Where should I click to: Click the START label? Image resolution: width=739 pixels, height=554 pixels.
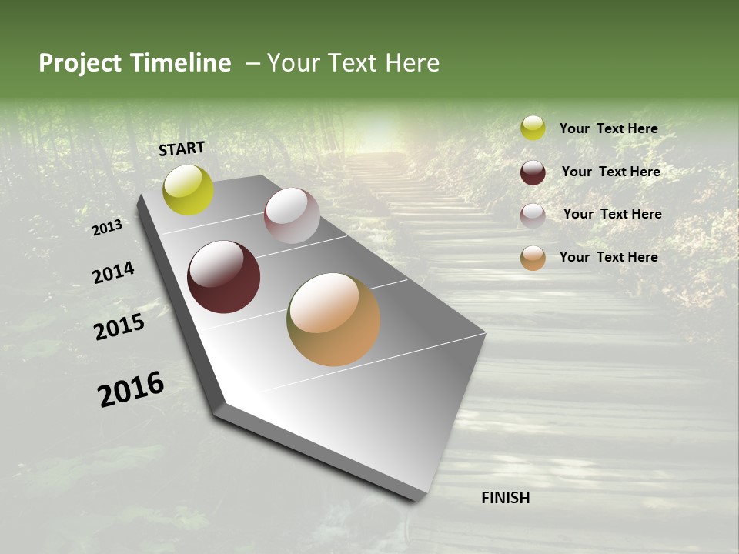tap(182, 149)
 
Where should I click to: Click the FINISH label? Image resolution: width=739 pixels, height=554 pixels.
tap(505, 498)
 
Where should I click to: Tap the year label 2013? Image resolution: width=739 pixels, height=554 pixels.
tap(107, 228)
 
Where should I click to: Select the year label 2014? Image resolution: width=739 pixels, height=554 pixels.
tap(113, 273)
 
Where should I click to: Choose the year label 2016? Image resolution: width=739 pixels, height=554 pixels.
tap(131, 389)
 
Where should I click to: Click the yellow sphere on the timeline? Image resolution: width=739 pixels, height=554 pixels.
tap(188, 190)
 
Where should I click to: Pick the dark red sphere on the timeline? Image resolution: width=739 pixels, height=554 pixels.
tap(223, 277)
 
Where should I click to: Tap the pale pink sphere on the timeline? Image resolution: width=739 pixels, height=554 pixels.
tap(292, 215)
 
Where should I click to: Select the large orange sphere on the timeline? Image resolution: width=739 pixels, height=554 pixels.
tap(333, 319)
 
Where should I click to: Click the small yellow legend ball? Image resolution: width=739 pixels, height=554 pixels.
tap(533, 128)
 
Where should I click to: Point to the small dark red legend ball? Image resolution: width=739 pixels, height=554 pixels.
tap(533, 172)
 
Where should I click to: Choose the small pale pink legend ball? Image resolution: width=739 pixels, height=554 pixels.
tap(533, 215)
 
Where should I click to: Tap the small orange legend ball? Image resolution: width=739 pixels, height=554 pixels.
tap(533, 258)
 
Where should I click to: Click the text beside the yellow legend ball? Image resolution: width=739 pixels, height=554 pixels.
tap(608, 128)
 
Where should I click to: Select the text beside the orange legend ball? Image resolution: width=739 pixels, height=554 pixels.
tap(608, 257)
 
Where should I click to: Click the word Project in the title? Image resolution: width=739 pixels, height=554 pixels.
tap(80, 63)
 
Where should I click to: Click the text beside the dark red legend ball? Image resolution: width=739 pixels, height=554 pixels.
tap(610, 172)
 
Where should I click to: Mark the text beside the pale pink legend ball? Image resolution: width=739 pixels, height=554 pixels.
tap(612, 214)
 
